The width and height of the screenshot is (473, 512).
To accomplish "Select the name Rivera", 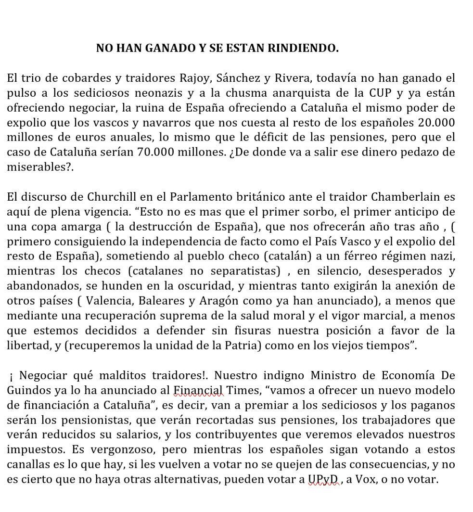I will click(x=298, y=77).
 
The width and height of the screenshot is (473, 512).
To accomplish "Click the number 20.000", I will click(x=432, y=122).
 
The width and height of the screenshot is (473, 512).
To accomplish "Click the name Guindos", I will click(x=27, y=391).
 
